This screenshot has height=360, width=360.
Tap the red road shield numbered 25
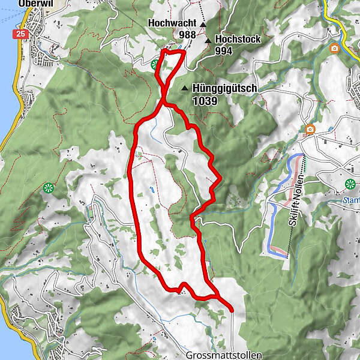point(22,34)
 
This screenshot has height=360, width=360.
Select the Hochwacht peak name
point(172,24)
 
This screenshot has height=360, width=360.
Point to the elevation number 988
point(187,35)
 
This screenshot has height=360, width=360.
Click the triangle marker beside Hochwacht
point(203,25)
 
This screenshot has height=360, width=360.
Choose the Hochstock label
point(235,39)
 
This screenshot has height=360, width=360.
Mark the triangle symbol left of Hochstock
point(208,40)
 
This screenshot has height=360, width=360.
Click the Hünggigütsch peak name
point(225,88)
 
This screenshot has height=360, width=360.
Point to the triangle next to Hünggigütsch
point(185,88)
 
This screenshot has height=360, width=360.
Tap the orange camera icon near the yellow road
point(334,48)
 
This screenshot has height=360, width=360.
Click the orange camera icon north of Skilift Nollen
point(310,129)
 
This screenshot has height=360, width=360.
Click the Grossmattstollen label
point(224,355)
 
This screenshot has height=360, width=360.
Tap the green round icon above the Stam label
point(350,184)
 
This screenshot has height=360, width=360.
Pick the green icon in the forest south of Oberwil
point(47,188)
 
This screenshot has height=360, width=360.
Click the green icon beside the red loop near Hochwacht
point(155,64)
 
